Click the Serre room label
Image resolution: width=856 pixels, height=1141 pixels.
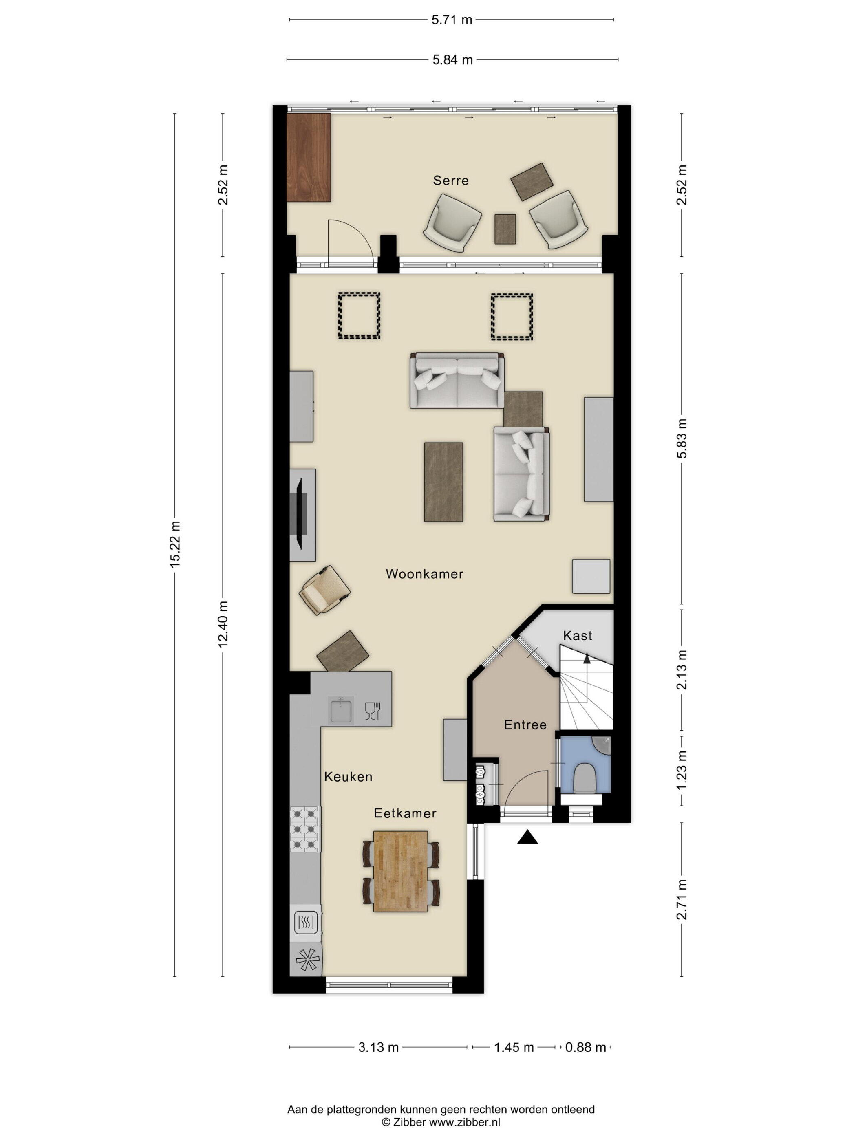pyautogui.click(x=450, y=181)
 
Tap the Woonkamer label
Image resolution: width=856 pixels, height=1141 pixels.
pyautogui.click(x=424, y=574)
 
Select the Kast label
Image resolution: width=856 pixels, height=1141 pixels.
pyautogui.click(x=577, y=635)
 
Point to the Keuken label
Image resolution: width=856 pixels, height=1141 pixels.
pyautogui.click(x=348, y=776)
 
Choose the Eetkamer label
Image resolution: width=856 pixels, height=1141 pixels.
pyautogui.click(x=405, y=813)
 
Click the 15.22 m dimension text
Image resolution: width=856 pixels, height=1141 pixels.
pyautogui.click(x=175, y=545)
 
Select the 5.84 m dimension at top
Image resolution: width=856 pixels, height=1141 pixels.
pyautogui.click(x=452, y=60)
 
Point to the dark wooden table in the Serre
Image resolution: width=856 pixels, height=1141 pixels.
pyautogui.click(x=309, y=157)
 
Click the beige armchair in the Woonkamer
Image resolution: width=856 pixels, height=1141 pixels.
pyautogui.click(x=324, y=590)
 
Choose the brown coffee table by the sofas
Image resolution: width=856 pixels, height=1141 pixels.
pyautogui.click(x=443, y=482)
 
